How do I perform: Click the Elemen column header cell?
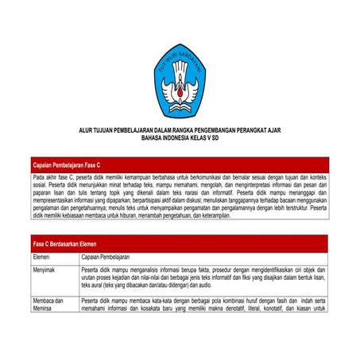tap(42, 257)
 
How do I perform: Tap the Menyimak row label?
tap(45, 270)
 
